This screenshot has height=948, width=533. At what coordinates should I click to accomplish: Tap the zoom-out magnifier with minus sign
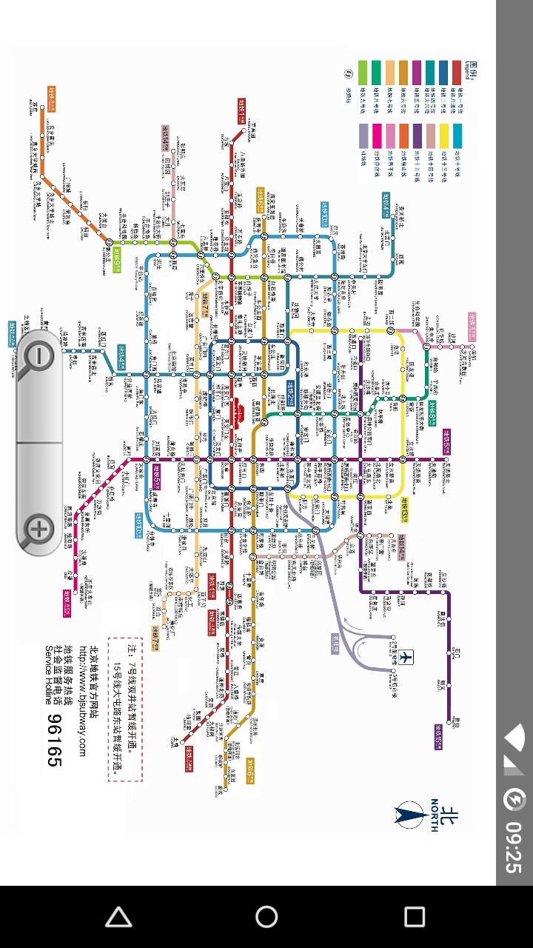(x=38, y=358)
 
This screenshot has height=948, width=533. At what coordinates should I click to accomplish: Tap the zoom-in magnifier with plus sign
(x=38, y=529)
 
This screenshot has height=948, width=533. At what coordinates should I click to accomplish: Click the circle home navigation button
(x=266, y=917)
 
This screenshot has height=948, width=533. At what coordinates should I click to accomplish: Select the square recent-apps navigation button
(x=415, y=917)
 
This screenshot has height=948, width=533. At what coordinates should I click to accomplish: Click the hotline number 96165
(x=55, y=740)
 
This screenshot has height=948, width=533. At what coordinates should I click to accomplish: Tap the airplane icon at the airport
(x=406, y=656)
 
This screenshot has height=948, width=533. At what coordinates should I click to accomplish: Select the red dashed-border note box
(x=125, y=709)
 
